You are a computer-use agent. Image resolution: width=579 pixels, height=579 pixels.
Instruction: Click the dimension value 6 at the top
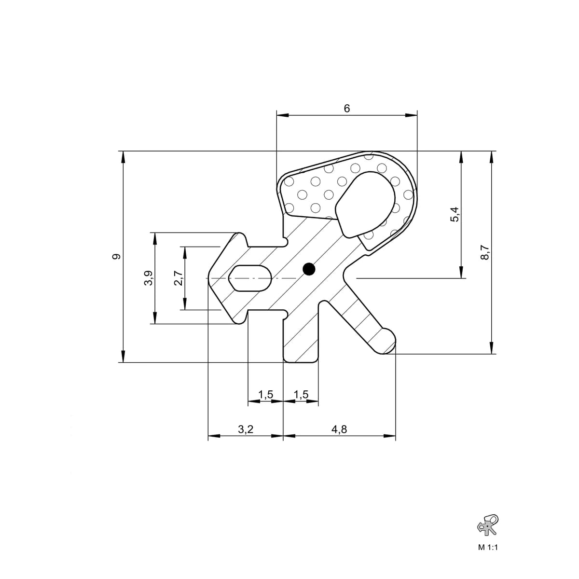(347, 109)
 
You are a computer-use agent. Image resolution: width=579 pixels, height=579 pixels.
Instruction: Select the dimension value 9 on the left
(116, 256)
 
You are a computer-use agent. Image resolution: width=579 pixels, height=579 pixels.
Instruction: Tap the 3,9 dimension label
(149, 278)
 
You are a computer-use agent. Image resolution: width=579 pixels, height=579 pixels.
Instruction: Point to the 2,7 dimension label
(178, 278)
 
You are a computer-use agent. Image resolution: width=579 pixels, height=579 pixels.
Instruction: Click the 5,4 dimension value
(455, 214)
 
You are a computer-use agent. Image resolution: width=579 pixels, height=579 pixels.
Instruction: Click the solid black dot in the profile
(309, 269)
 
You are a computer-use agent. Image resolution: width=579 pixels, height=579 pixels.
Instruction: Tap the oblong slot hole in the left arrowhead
(250, 278)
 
